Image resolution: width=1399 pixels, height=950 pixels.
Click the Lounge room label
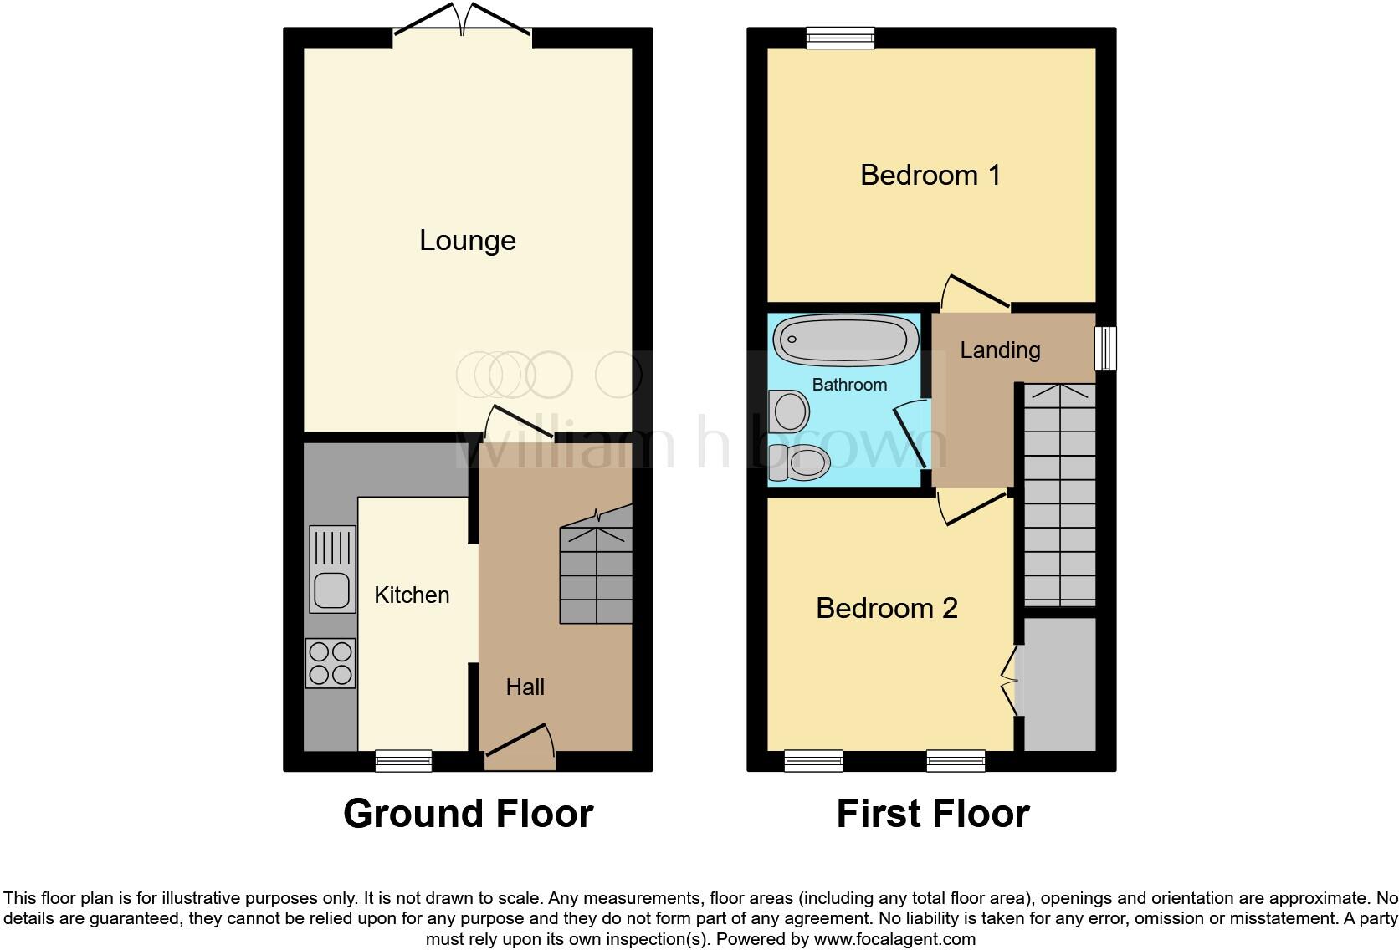(467, 241)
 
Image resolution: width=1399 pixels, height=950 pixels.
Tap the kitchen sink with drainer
(332, 569)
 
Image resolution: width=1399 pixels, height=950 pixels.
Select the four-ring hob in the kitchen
(331, 663)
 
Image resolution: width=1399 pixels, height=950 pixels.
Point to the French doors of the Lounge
(462, 20)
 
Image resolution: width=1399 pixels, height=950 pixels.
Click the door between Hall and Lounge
(519, 422)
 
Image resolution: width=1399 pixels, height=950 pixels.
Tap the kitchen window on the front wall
(403, 760)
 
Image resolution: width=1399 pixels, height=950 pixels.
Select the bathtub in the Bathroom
(840, 340)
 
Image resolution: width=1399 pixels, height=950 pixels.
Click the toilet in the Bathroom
(799, 463)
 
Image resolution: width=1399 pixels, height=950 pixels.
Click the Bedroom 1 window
(840, 37)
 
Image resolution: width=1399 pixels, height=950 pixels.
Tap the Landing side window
(1106, 349)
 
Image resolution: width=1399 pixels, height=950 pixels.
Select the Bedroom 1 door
(976, 293)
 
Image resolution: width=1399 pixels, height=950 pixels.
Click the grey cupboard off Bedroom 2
(1059, 684)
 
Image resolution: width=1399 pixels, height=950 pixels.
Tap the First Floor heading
(932, 814)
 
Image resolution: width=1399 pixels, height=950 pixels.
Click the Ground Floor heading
(468, 814)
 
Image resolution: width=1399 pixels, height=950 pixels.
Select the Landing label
(1000, 350)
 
